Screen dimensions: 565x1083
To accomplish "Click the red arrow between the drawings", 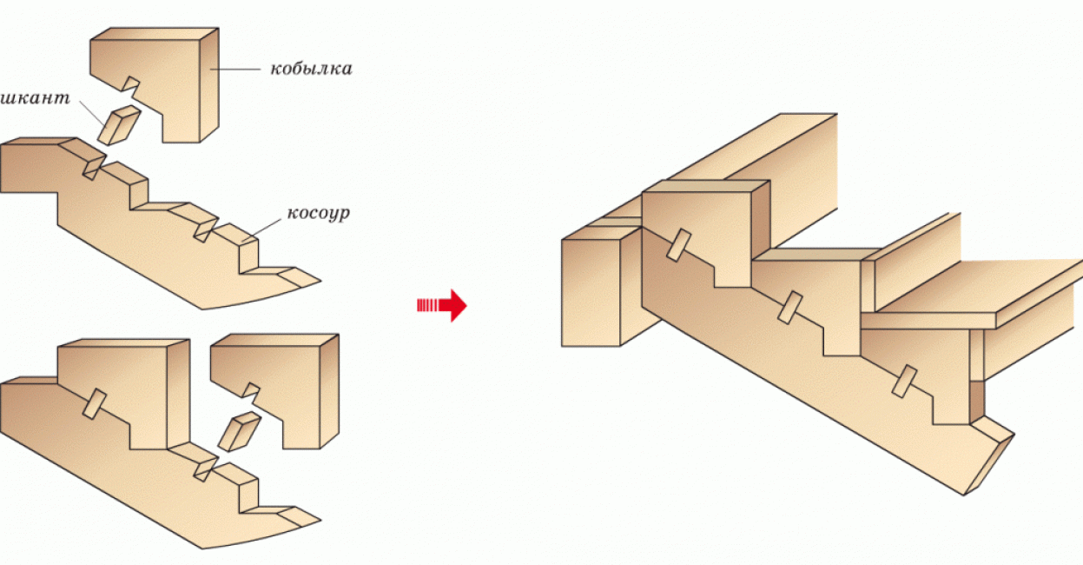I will tap(443, 305).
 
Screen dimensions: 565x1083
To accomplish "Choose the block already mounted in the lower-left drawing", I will tap(122, 391).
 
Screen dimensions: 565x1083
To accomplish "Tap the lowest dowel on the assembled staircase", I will tap(904, 381).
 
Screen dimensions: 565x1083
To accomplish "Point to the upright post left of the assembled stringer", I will tap(592, 291).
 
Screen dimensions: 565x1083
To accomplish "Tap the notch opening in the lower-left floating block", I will tap(252, 389).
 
